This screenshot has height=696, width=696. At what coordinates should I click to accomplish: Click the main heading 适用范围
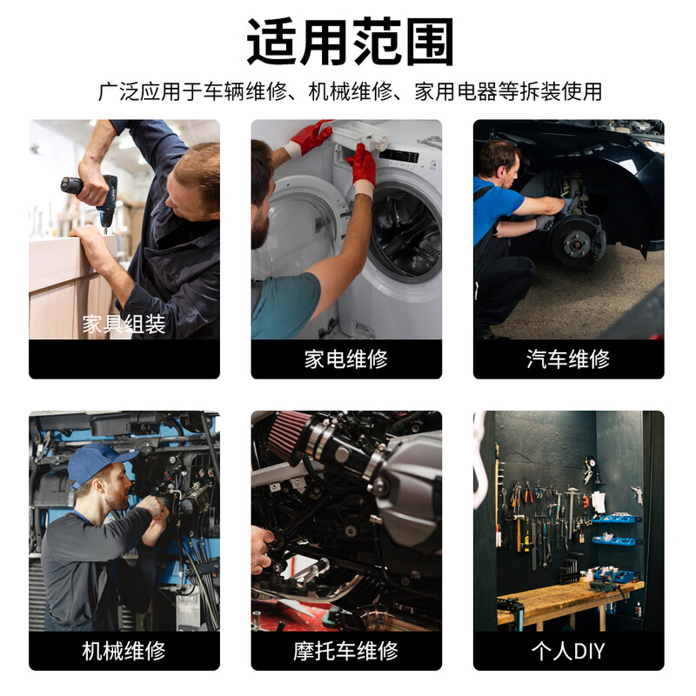point(350,42)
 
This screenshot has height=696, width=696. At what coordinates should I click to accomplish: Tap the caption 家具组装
point(124,324)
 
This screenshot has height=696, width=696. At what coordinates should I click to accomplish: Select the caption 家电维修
point(345,358)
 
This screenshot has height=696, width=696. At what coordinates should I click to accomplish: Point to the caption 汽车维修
point(568,358)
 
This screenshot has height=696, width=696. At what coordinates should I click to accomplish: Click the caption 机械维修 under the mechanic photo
point(124,651)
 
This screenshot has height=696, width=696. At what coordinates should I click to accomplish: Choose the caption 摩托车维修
point(345,651)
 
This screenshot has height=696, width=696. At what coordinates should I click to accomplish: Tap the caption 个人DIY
point(568,651)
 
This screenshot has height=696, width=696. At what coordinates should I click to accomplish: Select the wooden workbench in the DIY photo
point(570,599)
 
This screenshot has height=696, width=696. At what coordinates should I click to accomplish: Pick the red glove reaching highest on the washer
point(311,137)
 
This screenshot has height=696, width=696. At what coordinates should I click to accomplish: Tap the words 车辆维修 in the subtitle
point(245,91)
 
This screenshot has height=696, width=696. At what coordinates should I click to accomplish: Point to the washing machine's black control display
point(399,157)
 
